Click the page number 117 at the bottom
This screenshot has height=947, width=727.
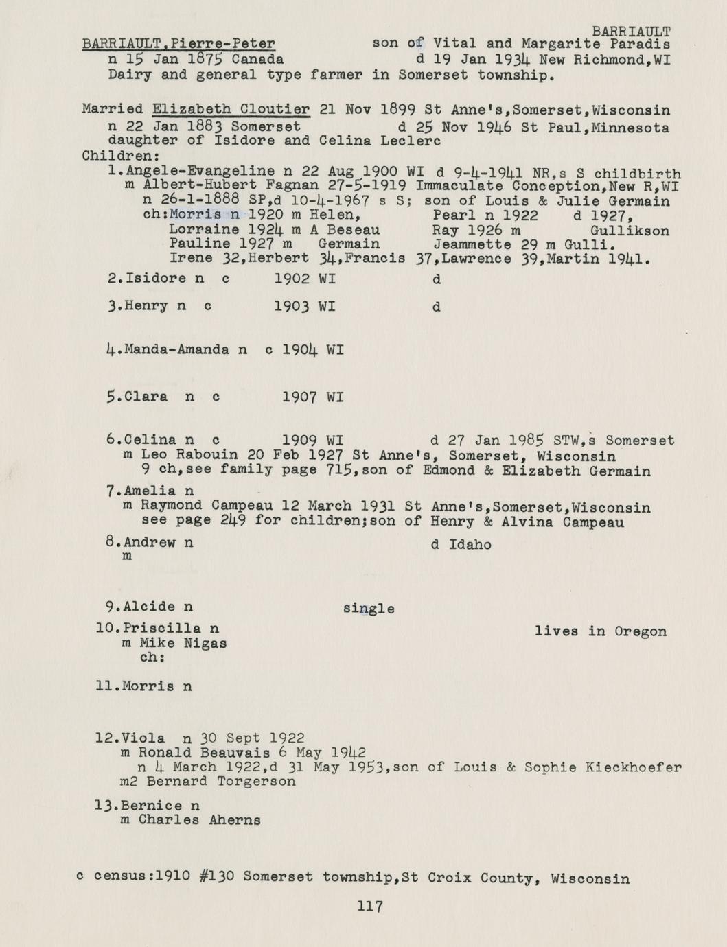click(370, 907)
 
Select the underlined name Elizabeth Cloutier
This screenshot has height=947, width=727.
click(231, 109)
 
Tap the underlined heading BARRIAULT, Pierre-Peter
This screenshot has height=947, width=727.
click(178, 44)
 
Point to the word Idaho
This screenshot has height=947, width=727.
click(470, 545)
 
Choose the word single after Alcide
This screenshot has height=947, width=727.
click(369, 609)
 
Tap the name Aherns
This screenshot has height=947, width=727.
click(230, 820)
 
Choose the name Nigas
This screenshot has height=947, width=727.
click(205, 644)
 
